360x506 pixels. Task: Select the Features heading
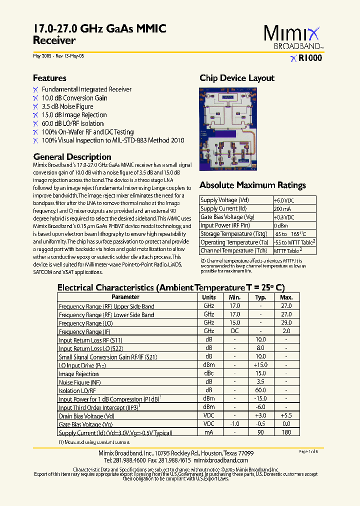[49, 78]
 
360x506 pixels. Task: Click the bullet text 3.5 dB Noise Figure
[67, 106]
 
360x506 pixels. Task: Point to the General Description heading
[72, 156]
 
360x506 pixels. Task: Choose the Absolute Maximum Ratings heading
[252, 185]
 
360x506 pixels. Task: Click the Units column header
[208, 297]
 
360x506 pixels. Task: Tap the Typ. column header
[260, 297]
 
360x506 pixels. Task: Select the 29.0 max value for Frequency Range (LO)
[286, 323]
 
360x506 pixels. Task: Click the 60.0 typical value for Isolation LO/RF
[260, 390]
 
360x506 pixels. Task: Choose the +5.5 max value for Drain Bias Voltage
[286, 415]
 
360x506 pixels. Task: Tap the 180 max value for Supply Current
[286, 432]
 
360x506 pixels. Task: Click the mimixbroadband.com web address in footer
[220, 460]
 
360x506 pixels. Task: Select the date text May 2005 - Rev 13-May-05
[58, 56]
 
